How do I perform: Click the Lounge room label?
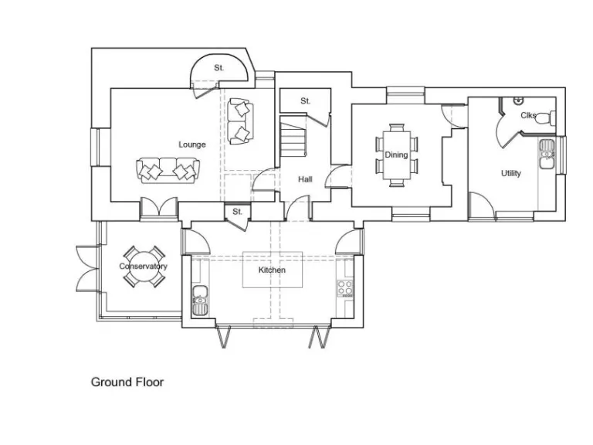click(x=192, y=144)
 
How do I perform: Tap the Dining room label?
click(x=396, y=155)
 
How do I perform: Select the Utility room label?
click(x=511, y=173)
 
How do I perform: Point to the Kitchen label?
click(x=272, y=270)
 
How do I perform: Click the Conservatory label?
click(x=143, y=267)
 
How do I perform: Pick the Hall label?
click(x=306, y=179)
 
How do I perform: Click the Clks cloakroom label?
click(x=528, y=116)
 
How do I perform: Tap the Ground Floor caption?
click(x=127, y=382)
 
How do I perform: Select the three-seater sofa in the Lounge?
click(x=168, y=169)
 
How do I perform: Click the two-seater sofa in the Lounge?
click(x=240, y=121)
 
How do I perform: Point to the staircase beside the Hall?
click(x=293, y=141)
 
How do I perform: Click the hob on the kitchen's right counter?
click(x=345, y=290)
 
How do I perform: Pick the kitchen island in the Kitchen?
click(x=272, y=270)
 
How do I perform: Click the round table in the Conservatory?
click(x=144, y=267)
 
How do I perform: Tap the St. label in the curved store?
click(x=219, y=68)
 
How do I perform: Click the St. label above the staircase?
click(x=305, y=101)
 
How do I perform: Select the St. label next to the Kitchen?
click(x=237, y=211)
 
